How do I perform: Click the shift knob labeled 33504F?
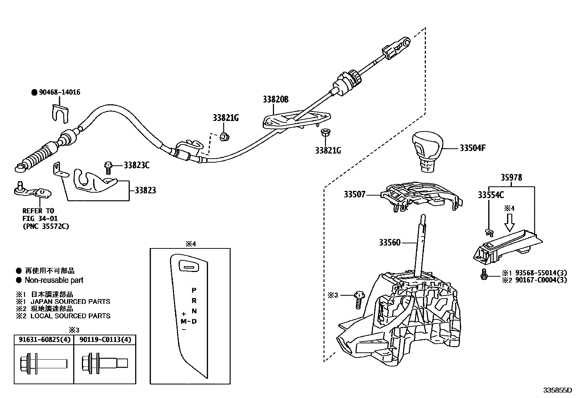427,148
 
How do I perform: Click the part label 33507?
354,195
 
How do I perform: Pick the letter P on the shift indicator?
194,290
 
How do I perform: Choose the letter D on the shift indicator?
194,321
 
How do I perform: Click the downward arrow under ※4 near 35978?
509,222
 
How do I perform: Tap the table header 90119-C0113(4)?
105,339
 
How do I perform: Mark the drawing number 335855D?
557,390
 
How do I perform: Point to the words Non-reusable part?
54,280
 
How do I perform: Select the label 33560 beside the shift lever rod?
390,242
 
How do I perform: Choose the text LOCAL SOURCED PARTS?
70,316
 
